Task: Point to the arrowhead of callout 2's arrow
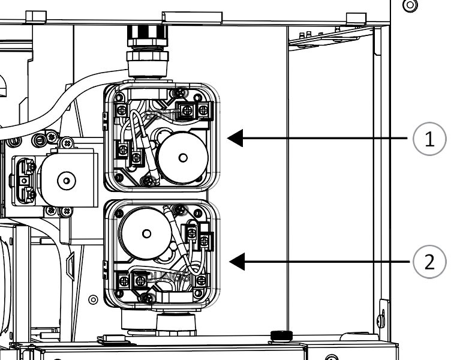[236, 262]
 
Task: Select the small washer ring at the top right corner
[410, 6]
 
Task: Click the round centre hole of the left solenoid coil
[66, 179]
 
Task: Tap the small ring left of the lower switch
[93, 299]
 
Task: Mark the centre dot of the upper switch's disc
[184, 158]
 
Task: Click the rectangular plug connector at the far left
[24, 179]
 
